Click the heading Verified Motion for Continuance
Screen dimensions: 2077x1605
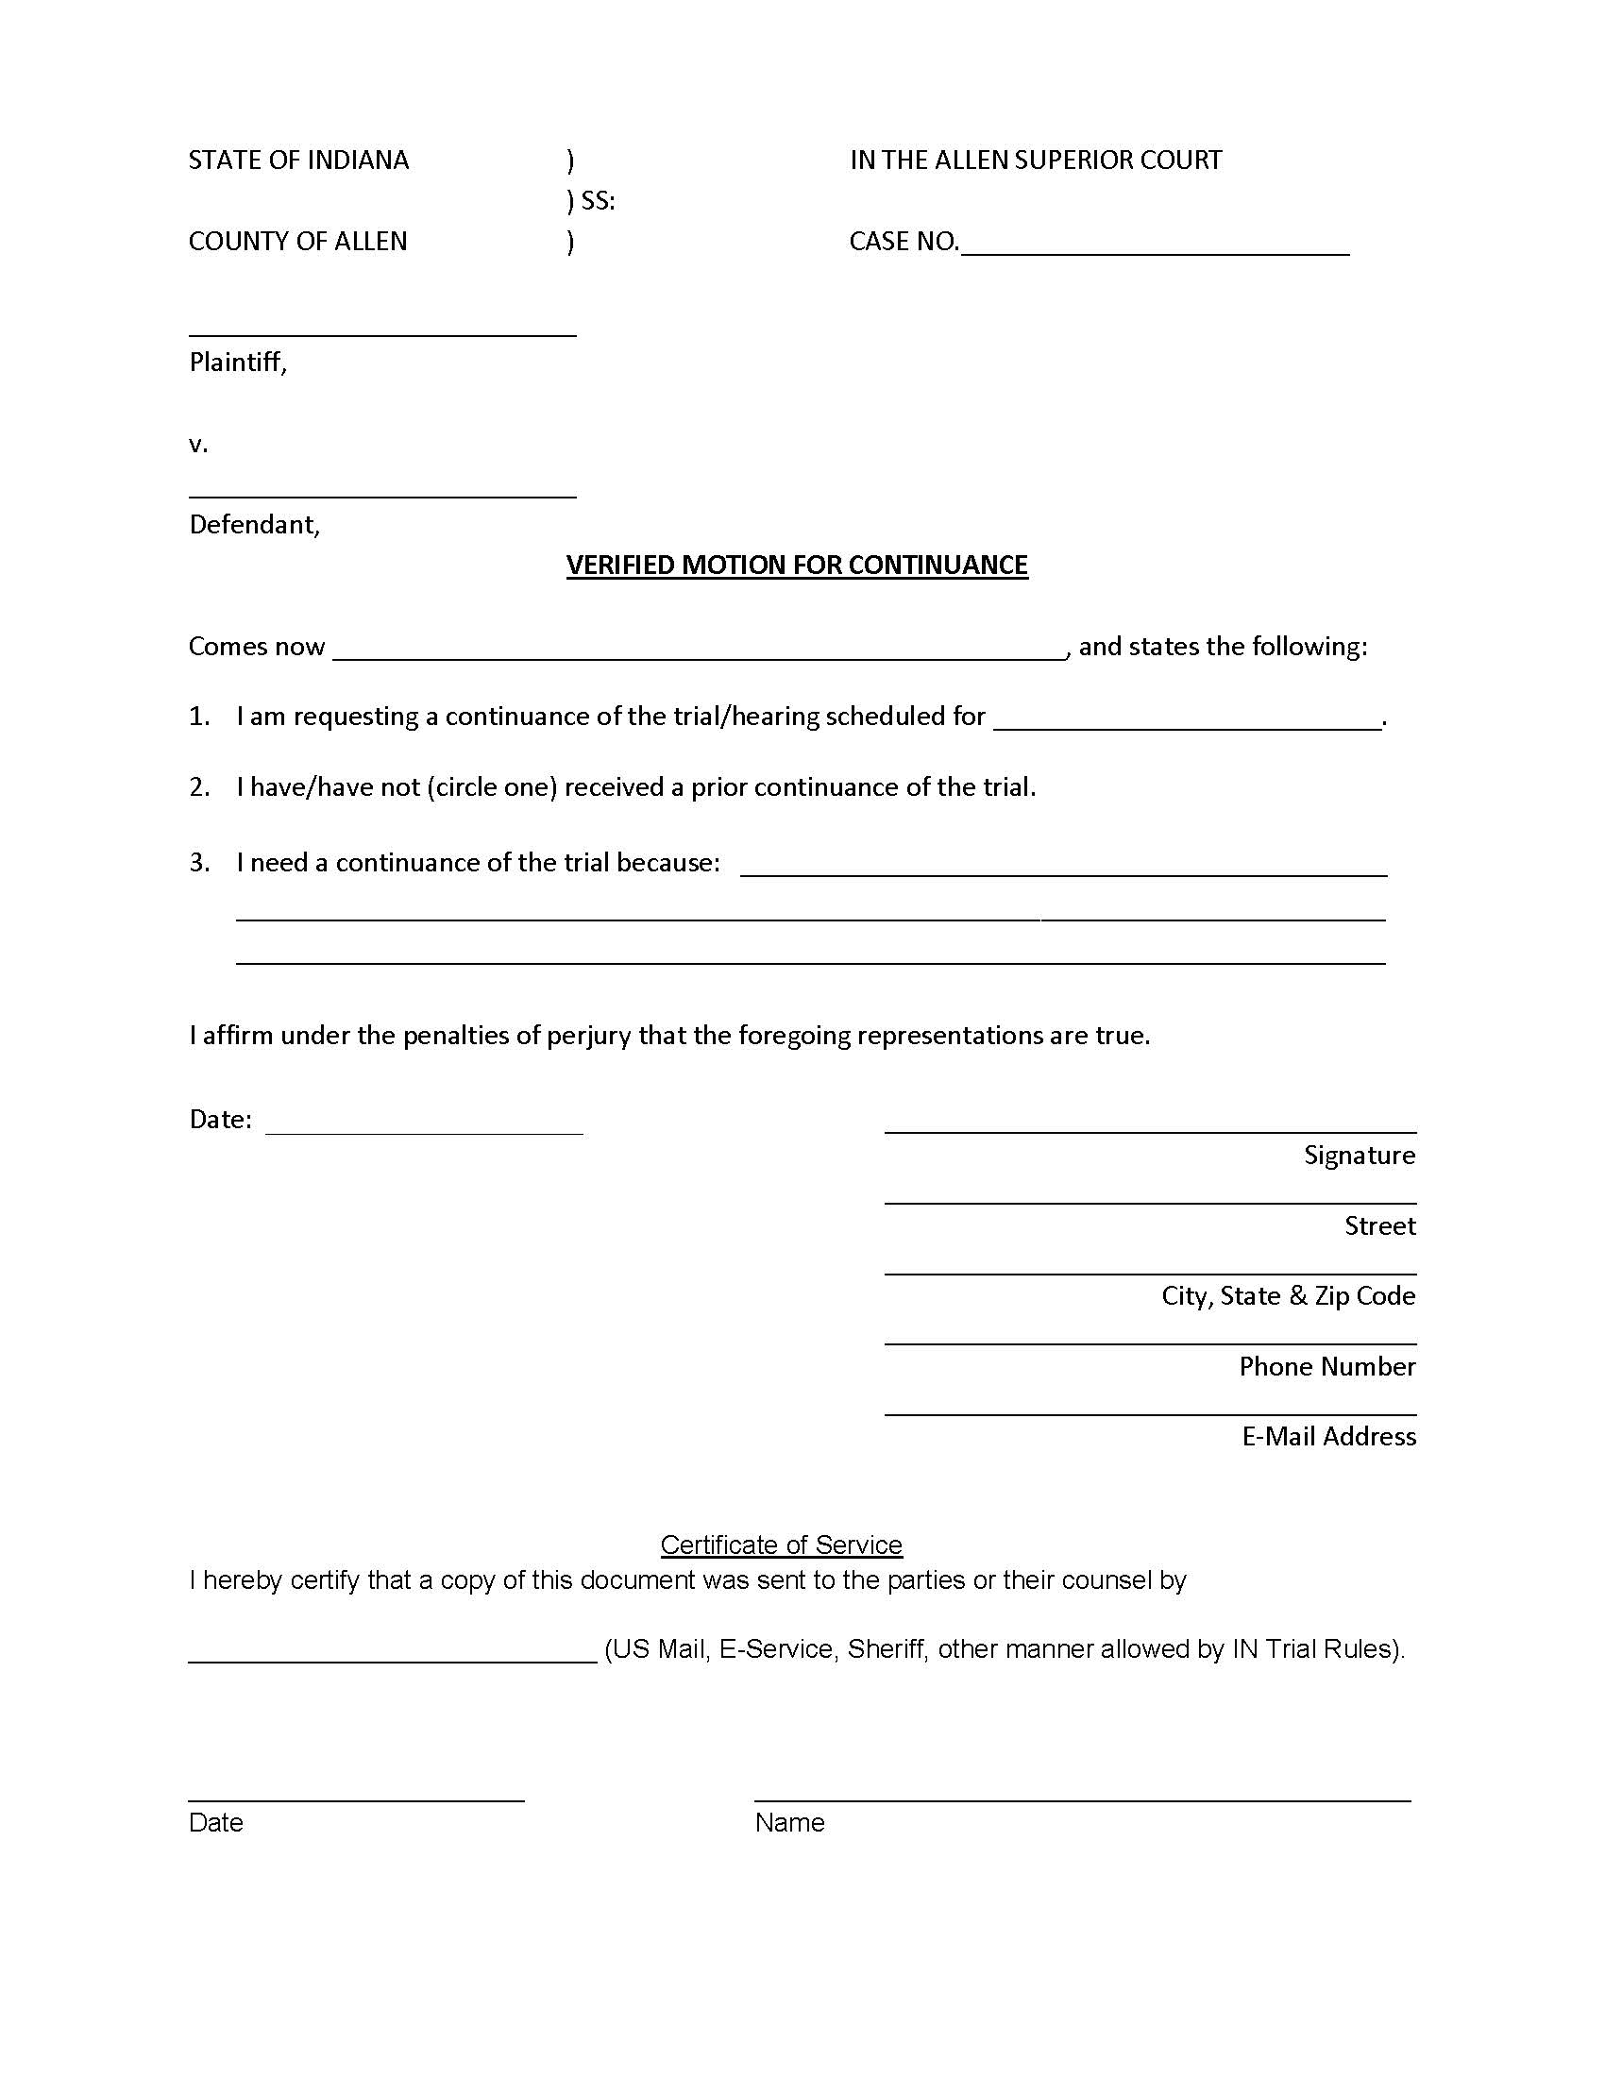[x=797, y=565]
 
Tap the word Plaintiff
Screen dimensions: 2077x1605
[x=237, y=363]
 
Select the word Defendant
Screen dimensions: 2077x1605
[x=253, y=525]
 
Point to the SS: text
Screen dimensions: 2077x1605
[x=597, y=201]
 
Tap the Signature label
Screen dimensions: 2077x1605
[x=1359, y=1156]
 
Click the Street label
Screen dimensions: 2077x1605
[x=1379, y=1225]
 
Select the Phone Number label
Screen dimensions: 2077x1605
[x=1326, y=1367]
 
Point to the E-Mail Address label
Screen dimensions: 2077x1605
[x=1328, y=1437]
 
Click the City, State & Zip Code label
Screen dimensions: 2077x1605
[x=1288, y=1296]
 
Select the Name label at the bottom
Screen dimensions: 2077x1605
[x=789, y=1823]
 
